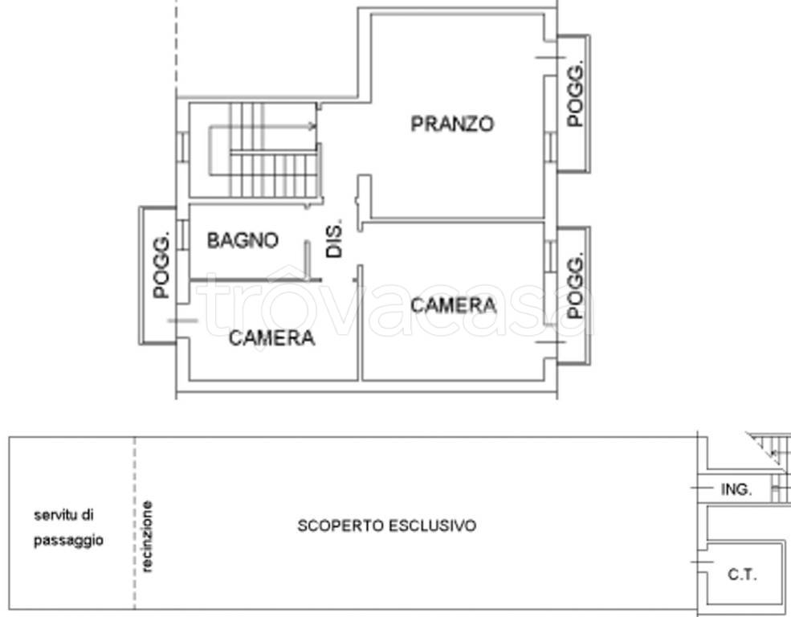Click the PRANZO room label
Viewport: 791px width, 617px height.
pos(452,124)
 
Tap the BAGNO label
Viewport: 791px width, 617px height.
pos(243,240)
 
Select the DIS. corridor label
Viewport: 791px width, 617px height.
pos(334,238)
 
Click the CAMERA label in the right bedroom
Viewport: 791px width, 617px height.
pos(453,305)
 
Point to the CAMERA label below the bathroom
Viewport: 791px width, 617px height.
pos(271,338)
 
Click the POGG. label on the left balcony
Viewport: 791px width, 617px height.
pos(161,265)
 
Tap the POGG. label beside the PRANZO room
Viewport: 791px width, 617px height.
pos(575,94)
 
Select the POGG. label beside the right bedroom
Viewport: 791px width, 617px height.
pos(575,285)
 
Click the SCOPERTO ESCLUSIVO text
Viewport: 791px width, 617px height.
pos(387,525)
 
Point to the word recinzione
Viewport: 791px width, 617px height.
pos(147,537)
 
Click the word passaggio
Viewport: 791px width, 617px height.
pos(68,541)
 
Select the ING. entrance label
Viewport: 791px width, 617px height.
pos(736,489)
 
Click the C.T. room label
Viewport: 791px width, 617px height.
pos(742,574)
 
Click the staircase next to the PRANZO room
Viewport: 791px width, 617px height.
pos(263,150)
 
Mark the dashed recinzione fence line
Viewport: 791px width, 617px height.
pos(135,523)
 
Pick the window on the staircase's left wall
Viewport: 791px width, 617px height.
pos(182,147)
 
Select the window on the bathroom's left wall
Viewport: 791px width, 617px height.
pos(182,235)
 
